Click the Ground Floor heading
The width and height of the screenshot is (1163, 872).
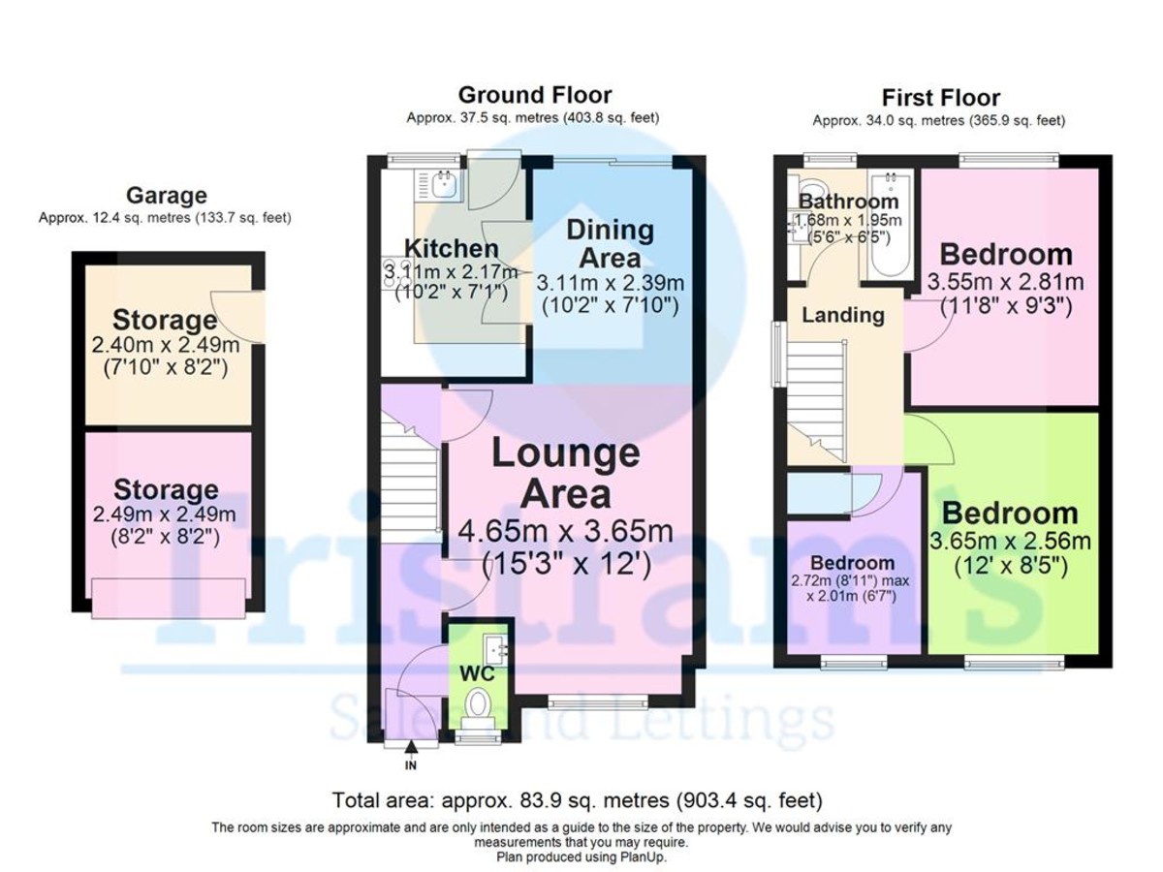pyautogui.click(x=534, y=95)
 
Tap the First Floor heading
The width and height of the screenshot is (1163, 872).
pyautogui.click(x=940, y=98)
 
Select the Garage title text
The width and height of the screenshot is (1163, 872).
pyautogui.click(x=165, y=197)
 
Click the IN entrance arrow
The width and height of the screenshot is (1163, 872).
pyautogui.click(x=411, y=748)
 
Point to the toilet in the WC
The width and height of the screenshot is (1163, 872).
pyautogui.click(x=477, y=706)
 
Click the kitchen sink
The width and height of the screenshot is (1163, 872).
pyautogui.click(x=445, y=184)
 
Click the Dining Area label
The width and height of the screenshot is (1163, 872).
pyautogui.click(x=611, y=244)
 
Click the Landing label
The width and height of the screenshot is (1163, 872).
pyautogui.click(x=842, y=315)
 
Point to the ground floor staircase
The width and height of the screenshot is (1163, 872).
pyautogui.click(x=412, y=484)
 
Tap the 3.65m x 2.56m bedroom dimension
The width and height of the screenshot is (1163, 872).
pyautogui.click(x=1012, y=541)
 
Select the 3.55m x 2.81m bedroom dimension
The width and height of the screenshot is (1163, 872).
pyautogui.click(x=1005, y=282)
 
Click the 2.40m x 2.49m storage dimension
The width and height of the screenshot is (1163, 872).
pyautogui.click(x=165, y=345)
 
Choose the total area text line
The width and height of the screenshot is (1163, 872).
pyautogui.click(x=577, y=801)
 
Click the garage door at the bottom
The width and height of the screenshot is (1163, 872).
pyautogui.click(x=167, y=597)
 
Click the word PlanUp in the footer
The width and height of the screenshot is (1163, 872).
pyautogui.click(x=639, y=856)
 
